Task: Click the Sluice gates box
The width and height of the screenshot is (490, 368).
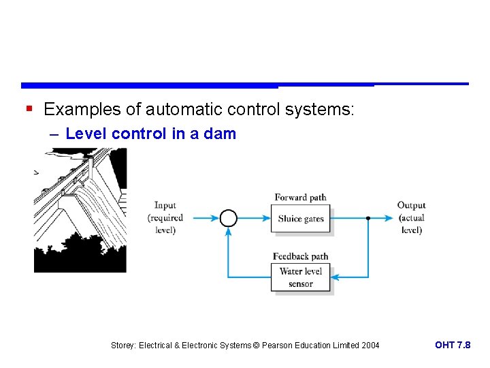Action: (x=301, y=219)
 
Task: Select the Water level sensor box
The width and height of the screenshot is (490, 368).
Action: (x=300, y=277)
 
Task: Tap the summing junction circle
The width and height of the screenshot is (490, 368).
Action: (x=229, y=218)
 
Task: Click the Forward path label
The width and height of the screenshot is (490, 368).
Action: (x=300, y=198)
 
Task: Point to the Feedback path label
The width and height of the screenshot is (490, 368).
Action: (x=300, y=256)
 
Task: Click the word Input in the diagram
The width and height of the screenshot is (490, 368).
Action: (x=165, y=205)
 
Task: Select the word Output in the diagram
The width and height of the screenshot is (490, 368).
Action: (x=411, y=205)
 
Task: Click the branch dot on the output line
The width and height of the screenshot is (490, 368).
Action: (x=368, y=218)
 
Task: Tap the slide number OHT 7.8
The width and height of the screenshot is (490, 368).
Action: (x=452, y=345)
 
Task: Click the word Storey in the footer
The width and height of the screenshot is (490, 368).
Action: (x=123, y=346)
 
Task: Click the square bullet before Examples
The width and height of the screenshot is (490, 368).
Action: (x=28, y=108)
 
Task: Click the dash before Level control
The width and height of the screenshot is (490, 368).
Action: (x=54, y=134)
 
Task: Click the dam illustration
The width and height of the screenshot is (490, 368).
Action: (x=80, y=210)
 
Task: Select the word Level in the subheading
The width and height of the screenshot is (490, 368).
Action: (x=86, y=134)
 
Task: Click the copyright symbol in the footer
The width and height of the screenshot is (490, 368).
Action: (x=257, y=346)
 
